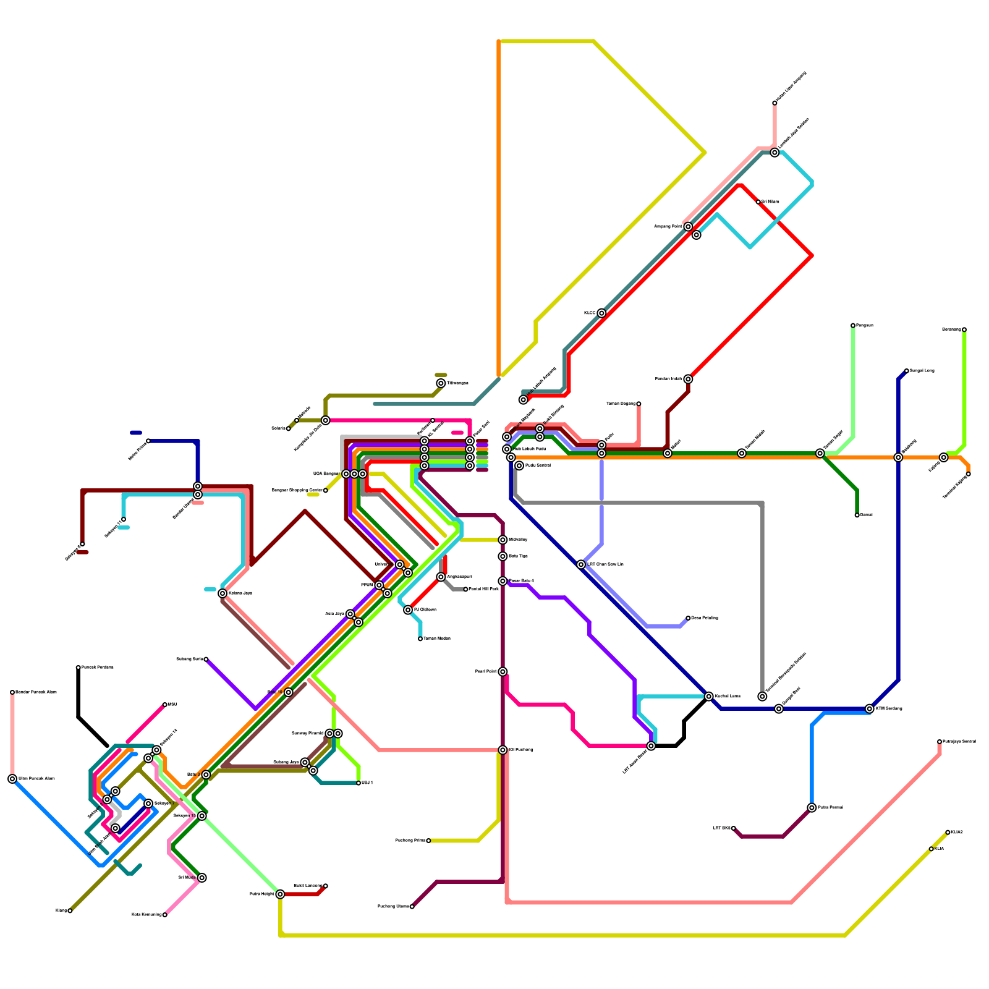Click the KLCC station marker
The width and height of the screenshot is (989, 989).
pyautogui.click(x=601, y=313)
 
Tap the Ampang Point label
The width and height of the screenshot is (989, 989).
pyautogui.click(x=668, y=227)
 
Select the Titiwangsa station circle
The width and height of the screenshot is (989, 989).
pyautogui.click(x=441, y=383)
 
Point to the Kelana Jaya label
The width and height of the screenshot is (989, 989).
pyautogui.click(x=240, y=593)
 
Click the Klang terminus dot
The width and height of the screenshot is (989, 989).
pyautogui.click(x=70, y=910)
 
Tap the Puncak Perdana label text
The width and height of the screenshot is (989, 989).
pyautogui.click(x=98, y=668)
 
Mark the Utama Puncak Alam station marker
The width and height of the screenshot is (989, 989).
pyautogui.click(x=12, y=779)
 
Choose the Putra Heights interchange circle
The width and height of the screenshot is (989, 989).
pyautogui.click(x=280, y=894)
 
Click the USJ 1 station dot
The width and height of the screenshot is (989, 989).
pyautogui.click(x=359, y=783)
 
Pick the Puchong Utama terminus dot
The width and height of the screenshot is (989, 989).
pyautogui.click(x=412, y=907)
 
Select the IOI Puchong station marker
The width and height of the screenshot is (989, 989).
pyautogui.click(x=503, y=750)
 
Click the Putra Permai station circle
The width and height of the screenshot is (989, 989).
pyautogui.click(x=812, y=808)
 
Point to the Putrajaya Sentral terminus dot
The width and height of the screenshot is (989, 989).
pyautogui.click(x=940, y=742)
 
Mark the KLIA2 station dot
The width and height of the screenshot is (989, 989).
pyautogui.click(x=948, y=833)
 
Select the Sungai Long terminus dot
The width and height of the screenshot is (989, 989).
pyautogui.click(x=906, y=371)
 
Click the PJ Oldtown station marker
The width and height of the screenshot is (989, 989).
pyautogui.click(x=408, y=610)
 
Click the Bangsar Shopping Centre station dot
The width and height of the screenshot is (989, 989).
pyautogui.click(x=326, y=491)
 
